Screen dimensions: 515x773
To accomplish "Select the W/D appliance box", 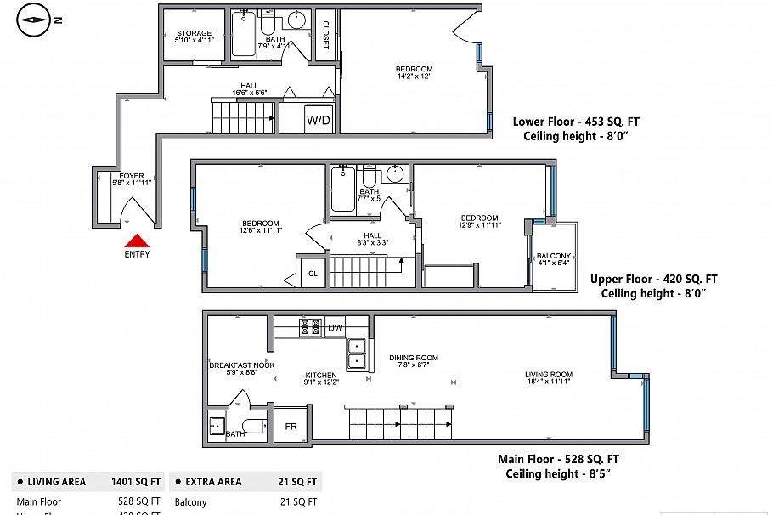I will pos(319,120).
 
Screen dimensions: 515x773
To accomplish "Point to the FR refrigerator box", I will pos(291,426).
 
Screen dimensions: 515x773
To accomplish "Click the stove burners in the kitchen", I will pos(310,327).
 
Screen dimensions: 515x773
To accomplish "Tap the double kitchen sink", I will pos(357,354).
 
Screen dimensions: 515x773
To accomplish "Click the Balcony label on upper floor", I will pos(553,257).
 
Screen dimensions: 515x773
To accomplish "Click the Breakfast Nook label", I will pos(242,365).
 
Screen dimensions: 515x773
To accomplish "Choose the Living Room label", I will pos(549,375).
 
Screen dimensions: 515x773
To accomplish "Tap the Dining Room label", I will pos(414,358).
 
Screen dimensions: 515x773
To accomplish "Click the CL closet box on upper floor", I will pos(312,273).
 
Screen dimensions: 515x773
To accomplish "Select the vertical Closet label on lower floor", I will pos(324,36).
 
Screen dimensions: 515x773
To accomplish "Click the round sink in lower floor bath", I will pos(297,20).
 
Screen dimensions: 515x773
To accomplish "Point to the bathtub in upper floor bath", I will pos(342,190).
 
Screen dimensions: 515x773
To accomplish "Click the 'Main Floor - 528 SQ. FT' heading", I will pos(558,460).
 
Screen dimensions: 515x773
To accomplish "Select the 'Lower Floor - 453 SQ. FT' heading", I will pos(576,122).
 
